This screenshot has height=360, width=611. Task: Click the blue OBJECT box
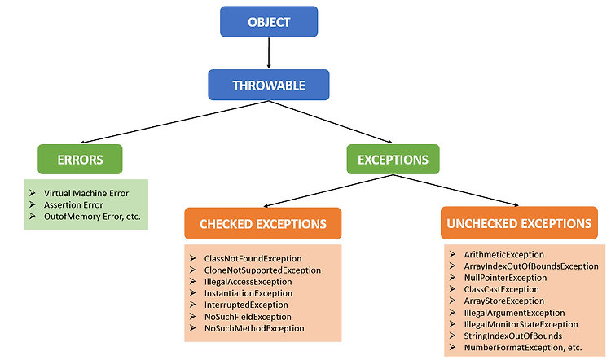click(269, 22)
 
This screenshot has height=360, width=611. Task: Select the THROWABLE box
click(269, 85)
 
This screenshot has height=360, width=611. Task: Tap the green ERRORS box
click(80, 160)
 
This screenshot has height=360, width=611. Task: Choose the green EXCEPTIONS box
click(393, 160)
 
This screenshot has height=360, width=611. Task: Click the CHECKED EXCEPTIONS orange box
click(263, 224)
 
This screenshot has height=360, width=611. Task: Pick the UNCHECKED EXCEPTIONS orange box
click(519, 223)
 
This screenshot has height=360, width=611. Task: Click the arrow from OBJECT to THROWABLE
click(269, 53)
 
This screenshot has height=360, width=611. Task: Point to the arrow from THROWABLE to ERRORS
click(174, 122)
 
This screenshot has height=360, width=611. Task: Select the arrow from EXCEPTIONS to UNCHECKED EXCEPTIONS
click(456, 190)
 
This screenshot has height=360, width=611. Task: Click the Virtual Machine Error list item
click(86, 193)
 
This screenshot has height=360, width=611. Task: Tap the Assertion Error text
click(73, 205)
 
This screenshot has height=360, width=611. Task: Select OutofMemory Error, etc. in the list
click(92, 217)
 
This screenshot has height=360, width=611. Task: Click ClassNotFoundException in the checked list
click(253, 259)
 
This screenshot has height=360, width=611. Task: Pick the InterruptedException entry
click(246, 305)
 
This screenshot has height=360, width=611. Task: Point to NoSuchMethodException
click(254, 328)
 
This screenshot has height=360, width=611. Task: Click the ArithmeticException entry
click(503, 255)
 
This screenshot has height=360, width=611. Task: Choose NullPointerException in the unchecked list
click(505, 278)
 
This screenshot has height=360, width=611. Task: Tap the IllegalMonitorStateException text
click(521, 324)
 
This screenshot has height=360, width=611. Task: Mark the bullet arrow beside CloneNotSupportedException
click(192, 270)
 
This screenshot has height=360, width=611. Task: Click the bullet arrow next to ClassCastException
click(452, 289)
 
